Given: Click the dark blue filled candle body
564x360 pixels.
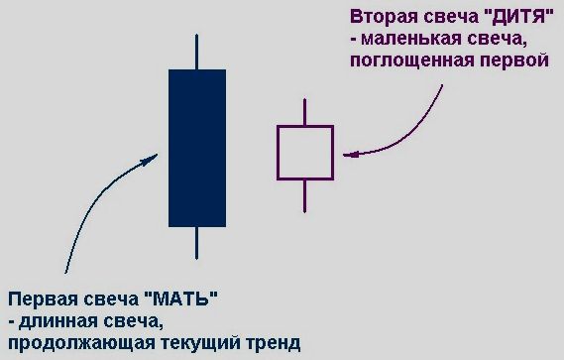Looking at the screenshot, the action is [x=197, y=148].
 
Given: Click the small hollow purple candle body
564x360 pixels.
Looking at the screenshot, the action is [x=305, y=152].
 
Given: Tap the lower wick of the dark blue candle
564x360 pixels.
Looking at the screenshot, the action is [x=198, y=243].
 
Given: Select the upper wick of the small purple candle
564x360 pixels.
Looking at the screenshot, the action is [x=305, y=112].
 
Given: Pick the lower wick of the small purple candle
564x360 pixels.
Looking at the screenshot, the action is [x=305, y=195].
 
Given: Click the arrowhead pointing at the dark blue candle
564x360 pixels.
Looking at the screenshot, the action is [x=154, y=159].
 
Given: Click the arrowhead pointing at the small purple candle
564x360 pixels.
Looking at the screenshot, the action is [x=346, y=154].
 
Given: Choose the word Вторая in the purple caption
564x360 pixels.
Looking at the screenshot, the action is [x=383, y=18].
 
